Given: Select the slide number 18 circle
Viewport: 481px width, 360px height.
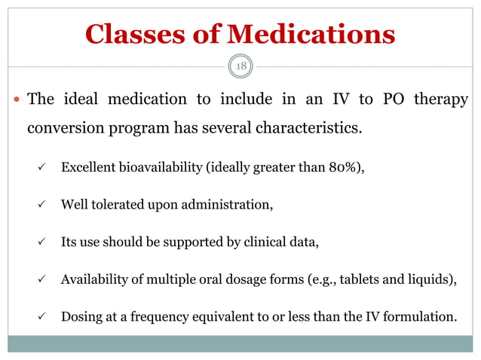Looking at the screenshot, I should tap(241, 66).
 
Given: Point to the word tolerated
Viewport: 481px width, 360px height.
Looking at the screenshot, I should tap(115, 204).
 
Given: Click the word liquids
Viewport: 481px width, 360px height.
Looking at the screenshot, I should tap(431, 279).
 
